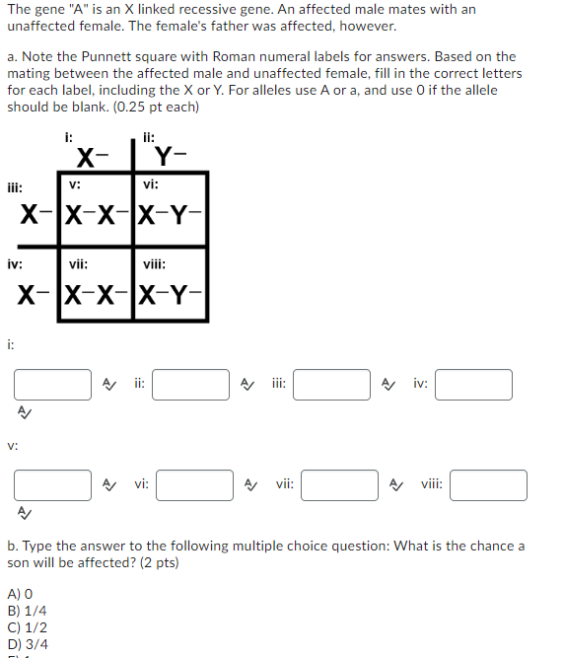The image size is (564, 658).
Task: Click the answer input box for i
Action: point(52,384)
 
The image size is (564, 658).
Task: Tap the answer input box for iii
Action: point(331,384)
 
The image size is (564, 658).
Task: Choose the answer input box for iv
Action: point(473,384)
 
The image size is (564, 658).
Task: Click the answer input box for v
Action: point(52,484)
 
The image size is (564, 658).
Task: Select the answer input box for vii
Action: point(340,484)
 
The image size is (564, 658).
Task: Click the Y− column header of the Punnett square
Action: point(171,155)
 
